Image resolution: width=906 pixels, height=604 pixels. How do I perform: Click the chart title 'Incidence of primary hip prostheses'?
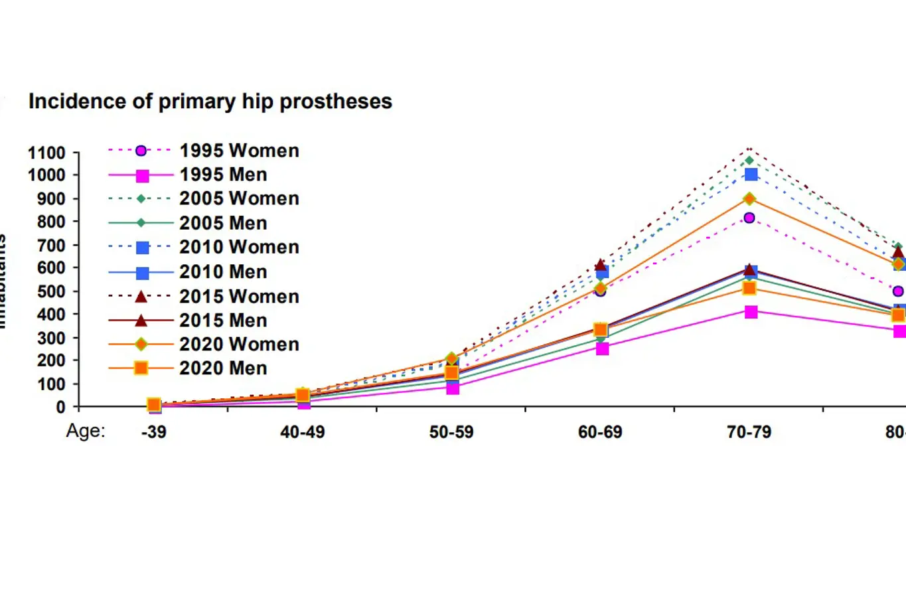pyautogui.click(x=210, y=102)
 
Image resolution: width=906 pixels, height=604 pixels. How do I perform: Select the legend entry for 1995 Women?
pyautogui.click(x=239, y=151)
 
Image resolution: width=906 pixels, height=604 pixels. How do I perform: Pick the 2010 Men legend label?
pyautogui.click(x=223, y=272)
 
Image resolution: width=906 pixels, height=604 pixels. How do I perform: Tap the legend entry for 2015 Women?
pyautogui.click(x=239, y=296)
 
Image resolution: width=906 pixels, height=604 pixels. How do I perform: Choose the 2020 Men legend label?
pyautogui.click(x=223, y=368)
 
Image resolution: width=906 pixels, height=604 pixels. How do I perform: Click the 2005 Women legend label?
pyautogui.click(x=239, y=198)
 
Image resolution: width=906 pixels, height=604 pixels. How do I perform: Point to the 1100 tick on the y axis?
pyautogui.click(x=46, y=153)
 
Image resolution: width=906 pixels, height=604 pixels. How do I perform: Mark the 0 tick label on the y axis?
pyautogui.click(x=60, y=407)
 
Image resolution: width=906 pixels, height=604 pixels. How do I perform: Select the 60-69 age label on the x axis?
pyautogui.click(x=600, y=432)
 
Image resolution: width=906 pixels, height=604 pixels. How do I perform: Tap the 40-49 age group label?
pyautogui.click(x=303, y=432)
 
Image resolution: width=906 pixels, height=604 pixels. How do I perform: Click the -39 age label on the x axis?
pyautogui.click(x=153, y=432)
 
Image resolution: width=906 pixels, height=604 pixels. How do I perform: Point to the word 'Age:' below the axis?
pyautogui.click(x=86, y=431)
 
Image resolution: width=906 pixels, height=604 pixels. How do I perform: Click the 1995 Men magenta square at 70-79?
pyautogui.click(x=751, y=312)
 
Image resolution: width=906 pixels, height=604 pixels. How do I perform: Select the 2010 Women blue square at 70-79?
pyautogui.click(x=751, y=175)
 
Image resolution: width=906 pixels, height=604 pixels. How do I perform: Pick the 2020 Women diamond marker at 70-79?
pyautogui.click(x=750, y=198)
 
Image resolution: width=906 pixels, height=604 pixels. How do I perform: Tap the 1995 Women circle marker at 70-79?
pyautogui.click(x=749, y=218)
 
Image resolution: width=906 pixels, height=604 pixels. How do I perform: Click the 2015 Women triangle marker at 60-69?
pyautogui.click(x=600, y=265)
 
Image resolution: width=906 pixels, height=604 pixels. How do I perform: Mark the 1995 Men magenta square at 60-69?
pyautogui.click(x=602, y=348)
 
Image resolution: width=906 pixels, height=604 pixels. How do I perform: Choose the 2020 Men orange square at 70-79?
pyautogui.click(x=749, y=288)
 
